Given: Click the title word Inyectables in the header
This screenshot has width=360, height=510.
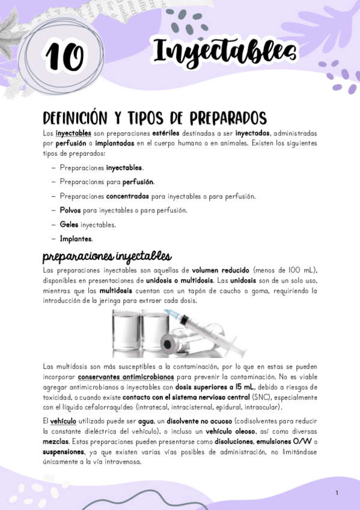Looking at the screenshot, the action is pos(225,52).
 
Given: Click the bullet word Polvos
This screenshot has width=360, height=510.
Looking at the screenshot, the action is pos(70,210).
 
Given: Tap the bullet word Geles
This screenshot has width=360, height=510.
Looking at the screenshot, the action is pos(69,225).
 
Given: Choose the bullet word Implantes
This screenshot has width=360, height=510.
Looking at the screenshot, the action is pos(76,239).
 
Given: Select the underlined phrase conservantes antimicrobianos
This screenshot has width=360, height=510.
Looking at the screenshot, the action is pos(126,376).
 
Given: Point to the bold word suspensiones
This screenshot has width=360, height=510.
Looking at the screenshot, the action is pos(64,452).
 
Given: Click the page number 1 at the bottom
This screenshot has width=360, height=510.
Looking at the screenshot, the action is pos(337,493).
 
